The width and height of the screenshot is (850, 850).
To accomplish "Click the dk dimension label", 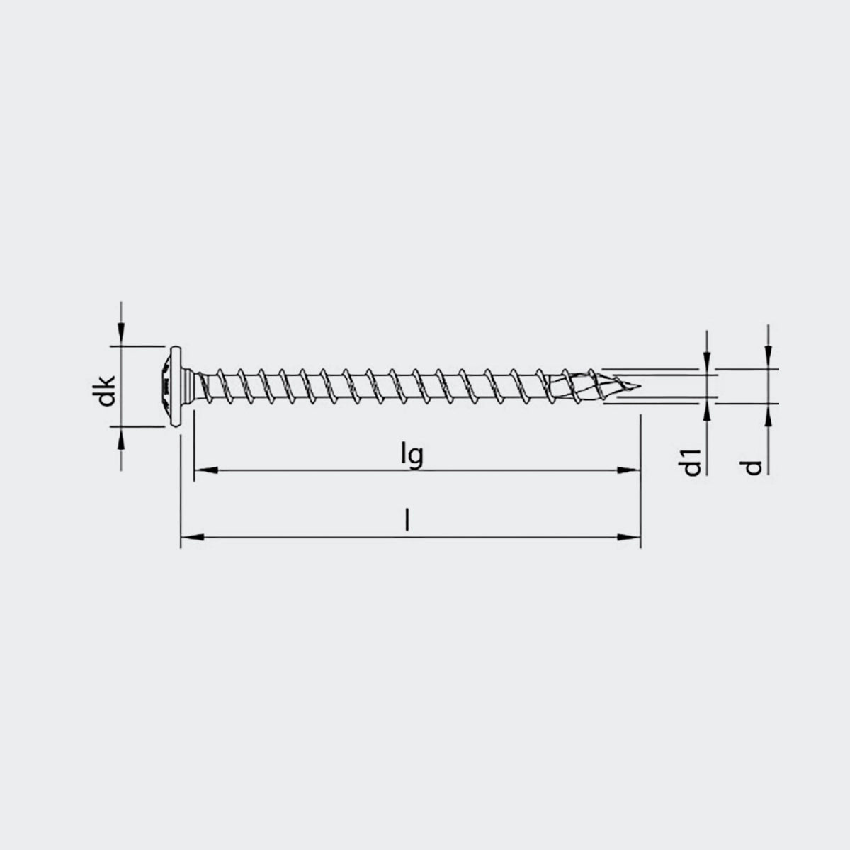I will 106,387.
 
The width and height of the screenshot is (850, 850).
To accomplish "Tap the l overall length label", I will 407,523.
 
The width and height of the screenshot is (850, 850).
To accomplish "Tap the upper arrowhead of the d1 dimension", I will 707,361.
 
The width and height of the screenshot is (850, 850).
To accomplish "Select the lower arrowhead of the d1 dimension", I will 707,413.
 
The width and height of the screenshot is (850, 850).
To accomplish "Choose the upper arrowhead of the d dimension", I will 769,359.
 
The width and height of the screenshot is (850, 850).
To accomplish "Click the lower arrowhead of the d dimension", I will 769,414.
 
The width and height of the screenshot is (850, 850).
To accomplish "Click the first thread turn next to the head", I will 205,386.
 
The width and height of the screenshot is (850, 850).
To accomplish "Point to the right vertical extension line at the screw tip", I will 640,482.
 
